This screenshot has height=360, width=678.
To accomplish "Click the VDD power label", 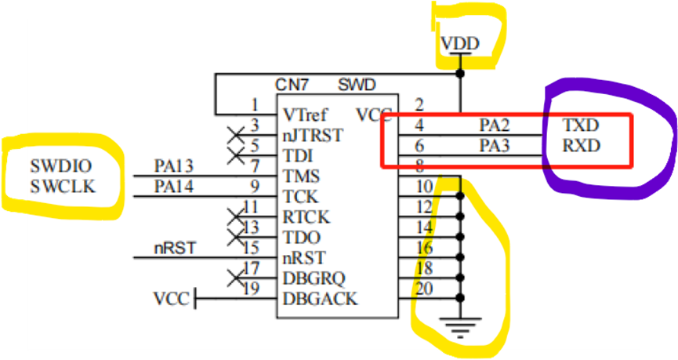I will [x=460, y=43].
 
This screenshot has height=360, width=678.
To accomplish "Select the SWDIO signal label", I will [x=61, y=165].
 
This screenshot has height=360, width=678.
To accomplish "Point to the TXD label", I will [x=581, y=125].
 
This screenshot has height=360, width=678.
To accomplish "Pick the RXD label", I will [x=581, y=145].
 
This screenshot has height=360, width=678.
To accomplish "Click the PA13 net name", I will [x=174, y=165].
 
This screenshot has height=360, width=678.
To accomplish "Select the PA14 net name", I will [x=174, y=187].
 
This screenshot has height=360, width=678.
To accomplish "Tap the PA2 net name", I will [x=495, y=125].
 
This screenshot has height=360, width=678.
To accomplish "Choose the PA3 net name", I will [x=495, y=145].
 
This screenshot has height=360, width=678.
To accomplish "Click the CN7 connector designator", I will [x=292, y=85].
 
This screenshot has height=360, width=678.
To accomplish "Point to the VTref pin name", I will [x=306, y=115].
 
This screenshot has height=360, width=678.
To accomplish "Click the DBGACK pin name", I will [x=320, y=298].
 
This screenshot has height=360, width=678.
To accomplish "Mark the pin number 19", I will [x=252, y=289].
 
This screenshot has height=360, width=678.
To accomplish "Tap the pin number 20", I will [x=424, y=289].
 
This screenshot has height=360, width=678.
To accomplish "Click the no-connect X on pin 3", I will [x=232, y=134].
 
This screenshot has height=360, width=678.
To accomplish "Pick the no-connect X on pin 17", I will [x=232, y=278].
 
